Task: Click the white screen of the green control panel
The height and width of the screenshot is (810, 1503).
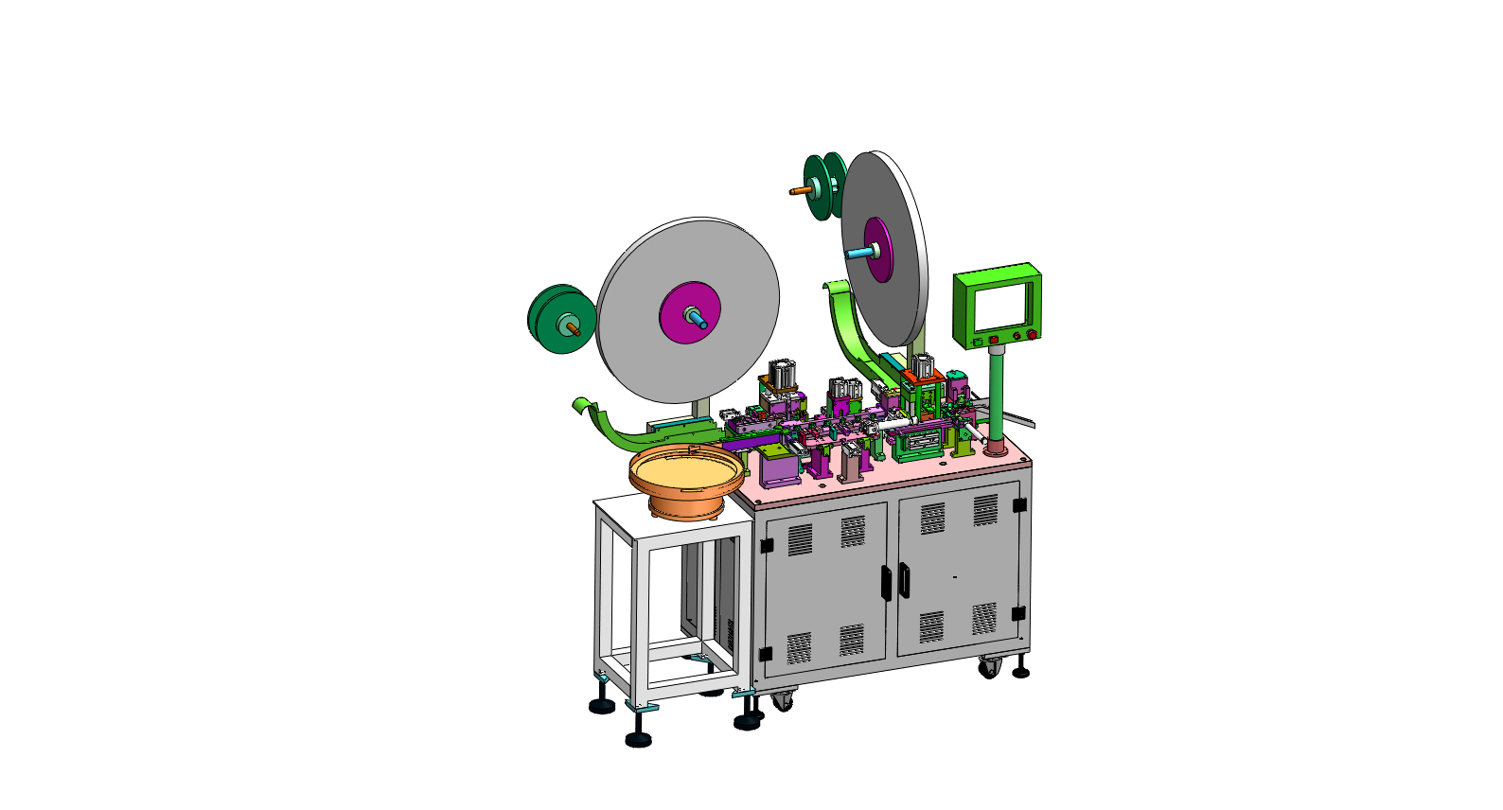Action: point(1002,308)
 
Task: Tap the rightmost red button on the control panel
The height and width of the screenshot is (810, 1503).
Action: point(1031,334)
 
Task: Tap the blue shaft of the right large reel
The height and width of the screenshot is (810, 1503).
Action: point(858,253)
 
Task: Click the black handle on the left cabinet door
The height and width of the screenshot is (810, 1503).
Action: point(885,583)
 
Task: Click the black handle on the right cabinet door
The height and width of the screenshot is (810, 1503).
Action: point(904,580)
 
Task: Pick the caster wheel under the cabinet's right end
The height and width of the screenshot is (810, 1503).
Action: point(989,667)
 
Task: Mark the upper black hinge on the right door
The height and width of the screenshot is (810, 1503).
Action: point(1019,505)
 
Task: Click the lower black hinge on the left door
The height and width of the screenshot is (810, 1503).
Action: point(765,654)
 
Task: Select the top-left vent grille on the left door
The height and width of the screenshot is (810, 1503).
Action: point(800,539)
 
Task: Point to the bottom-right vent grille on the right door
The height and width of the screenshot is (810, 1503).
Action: point(984,618)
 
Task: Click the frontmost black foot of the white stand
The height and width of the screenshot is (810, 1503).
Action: point(639,738)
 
